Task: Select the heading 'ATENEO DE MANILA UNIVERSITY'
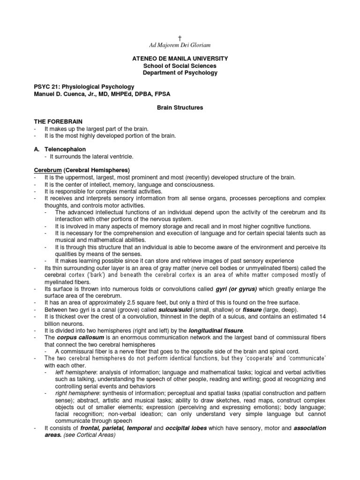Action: [180, 59]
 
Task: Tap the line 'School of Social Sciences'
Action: [180, 66]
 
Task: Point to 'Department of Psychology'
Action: [180, 73]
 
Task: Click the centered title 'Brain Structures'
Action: [180, 107]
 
